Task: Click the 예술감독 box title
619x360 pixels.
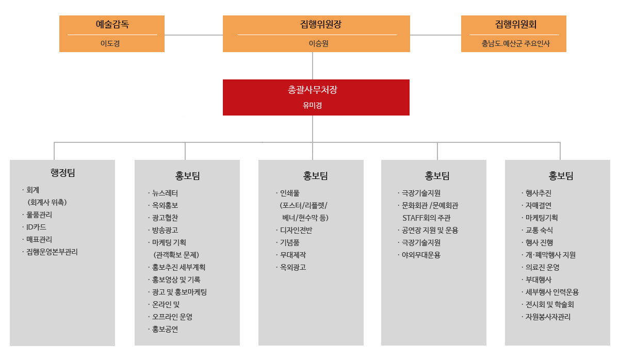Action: pos(112,24)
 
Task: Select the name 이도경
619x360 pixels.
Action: pos(110,43)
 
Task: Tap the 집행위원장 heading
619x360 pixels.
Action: pos(321,24)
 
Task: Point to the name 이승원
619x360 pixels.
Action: pos(318,43)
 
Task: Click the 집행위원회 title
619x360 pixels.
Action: pos(516,24)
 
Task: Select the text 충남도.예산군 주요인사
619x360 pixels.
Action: pos(516,43)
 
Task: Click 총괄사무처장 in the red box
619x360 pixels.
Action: pos(312,90)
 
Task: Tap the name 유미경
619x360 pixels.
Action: pos(312,105)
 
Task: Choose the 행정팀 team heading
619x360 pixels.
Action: pos(63,173)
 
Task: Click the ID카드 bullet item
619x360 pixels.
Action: pos(36,227)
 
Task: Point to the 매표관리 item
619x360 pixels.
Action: pos(39,239)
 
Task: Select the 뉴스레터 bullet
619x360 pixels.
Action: pos(165,193)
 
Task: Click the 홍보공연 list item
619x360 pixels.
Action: pos(165,329)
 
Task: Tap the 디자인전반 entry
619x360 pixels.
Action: pos(296,230)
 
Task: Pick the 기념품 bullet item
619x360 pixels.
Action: pos(289,242)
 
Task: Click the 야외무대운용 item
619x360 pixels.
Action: pos(421,255)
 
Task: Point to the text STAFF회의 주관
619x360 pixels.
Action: pos(427,218)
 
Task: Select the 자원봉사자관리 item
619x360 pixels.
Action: pos(548,317)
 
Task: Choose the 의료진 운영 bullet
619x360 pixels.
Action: pos(542,267)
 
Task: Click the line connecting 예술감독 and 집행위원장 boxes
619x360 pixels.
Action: pos(194,35)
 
